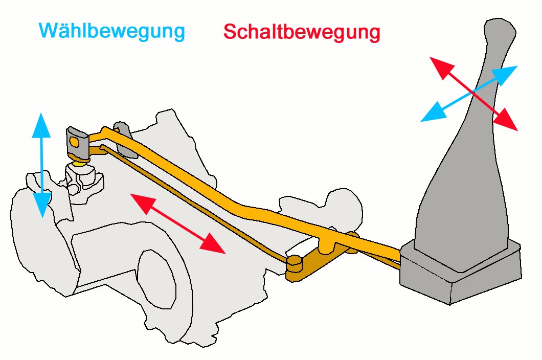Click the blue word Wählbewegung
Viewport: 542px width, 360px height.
tap(111, 31)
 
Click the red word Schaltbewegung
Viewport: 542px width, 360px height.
tap(302, 32)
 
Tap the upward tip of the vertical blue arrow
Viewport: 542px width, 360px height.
tap(41, 117)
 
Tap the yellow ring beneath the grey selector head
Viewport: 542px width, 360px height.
tap(79, 162)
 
